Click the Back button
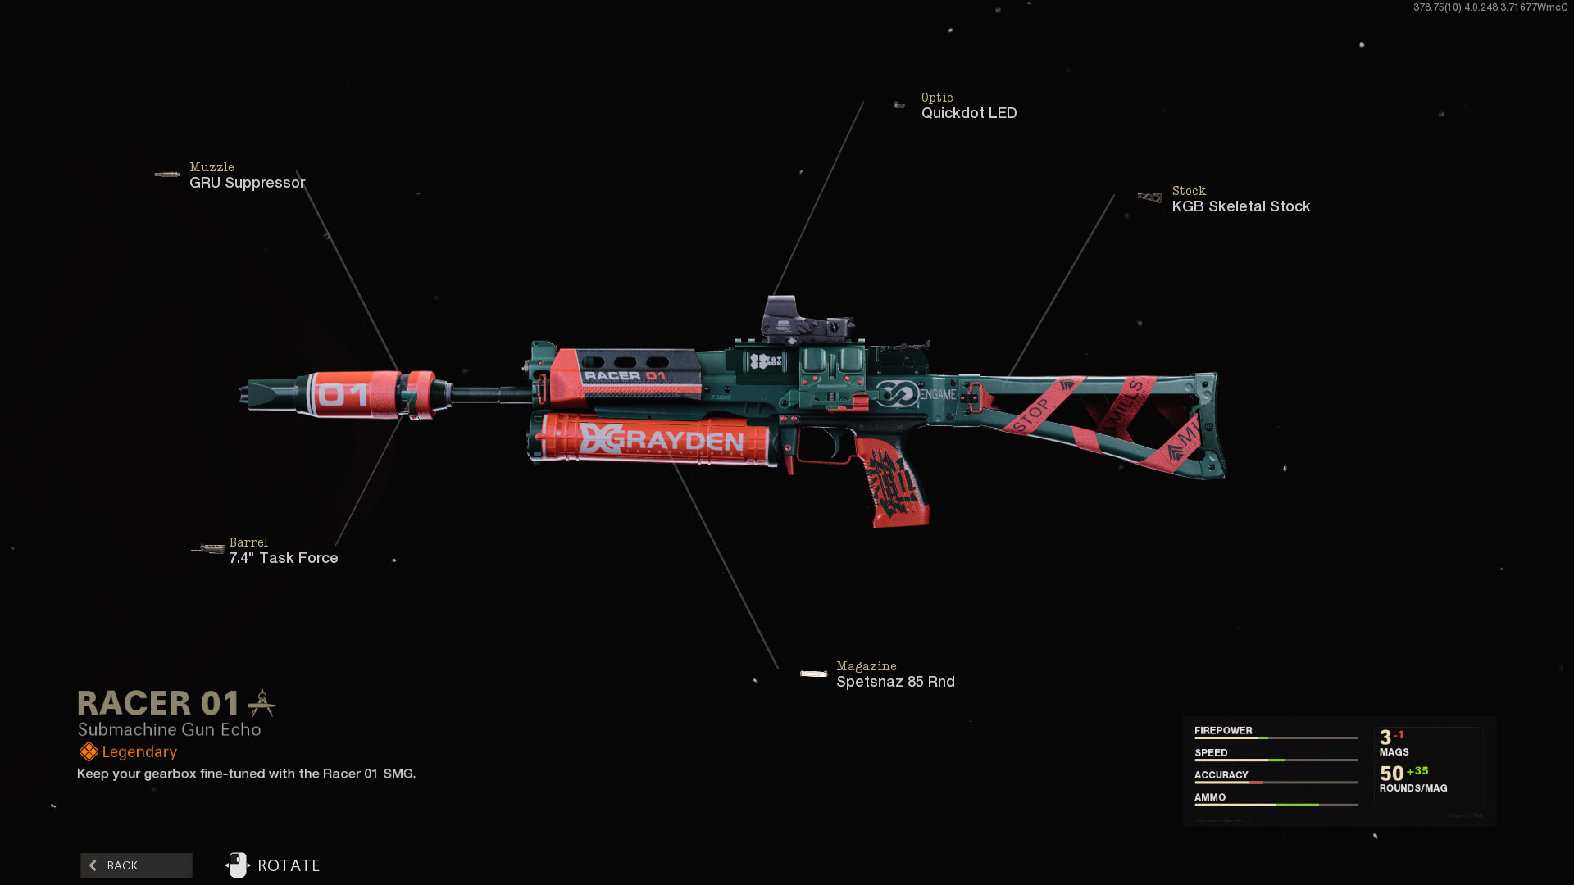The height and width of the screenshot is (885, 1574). pos(136,865)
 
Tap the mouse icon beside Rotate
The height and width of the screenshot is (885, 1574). pos(238,865)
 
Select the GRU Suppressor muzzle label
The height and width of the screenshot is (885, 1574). pos(247,183)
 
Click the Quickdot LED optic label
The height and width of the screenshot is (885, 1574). pos(968,113)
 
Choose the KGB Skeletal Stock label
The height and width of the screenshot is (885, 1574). pos(1240,206)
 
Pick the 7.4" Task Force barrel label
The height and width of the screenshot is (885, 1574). pos(283,558)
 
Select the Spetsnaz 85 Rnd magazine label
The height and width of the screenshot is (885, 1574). pos(895,682)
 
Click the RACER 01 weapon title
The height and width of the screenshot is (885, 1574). pos(158,703)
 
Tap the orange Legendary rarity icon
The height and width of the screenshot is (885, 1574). pos(89,752)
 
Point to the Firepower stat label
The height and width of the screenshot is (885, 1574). pos(1223,731)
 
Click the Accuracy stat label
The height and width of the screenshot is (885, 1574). pos(1221,775)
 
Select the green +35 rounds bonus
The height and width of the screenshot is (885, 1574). pos(1417,771)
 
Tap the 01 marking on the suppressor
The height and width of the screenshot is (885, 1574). pos(343,396)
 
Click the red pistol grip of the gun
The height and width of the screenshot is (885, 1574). pos(894,483)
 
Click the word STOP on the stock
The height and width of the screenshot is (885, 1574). pos(1031,415)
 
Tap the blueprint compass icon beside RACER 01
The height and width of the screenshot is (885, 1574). pos(262,703)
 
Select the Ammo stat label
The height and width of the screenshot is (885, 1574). pos(1210,797)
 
